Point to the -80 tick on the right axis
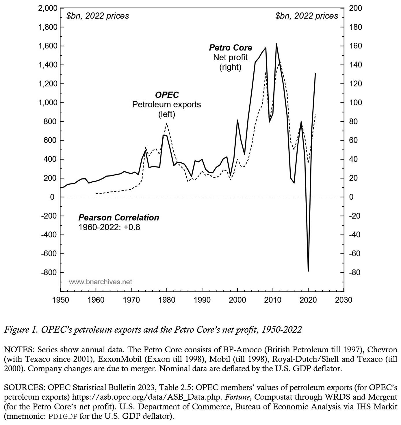click(x=355, y=273)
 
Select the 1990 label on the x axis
click(x=202, y=300)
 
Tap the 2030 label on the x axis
click(x=344, y=300)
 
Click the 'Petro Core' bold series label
click(x=230, y=48)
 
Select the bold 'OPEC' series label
click(x=167, y=95)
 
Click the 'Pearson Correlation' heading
click(x=119, y=218)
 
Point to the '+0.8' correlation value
click(x=132, y=227)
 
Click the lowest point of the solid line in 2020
click(x=308, y=271)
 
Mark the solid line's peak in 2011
click(x=276, y=44)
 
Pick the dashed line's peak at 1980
click(x=167, y=123)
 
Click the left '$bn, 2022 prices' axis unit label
click(x=98, y=16)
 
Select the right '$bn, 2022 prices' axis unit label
click(x=307, y=16)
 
